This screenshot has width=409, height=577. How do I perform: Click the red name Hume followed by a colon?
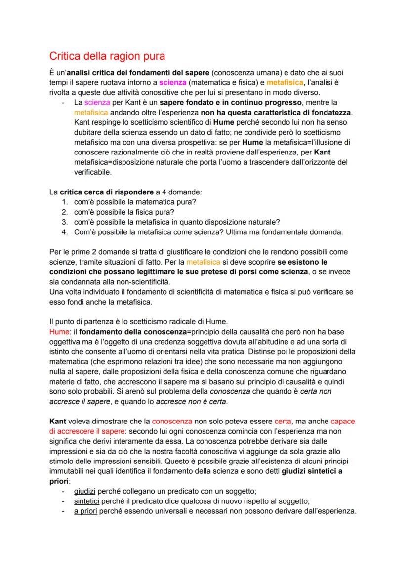point(60,328)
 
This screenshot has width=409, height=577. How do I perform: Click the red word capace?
point(343,422)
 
